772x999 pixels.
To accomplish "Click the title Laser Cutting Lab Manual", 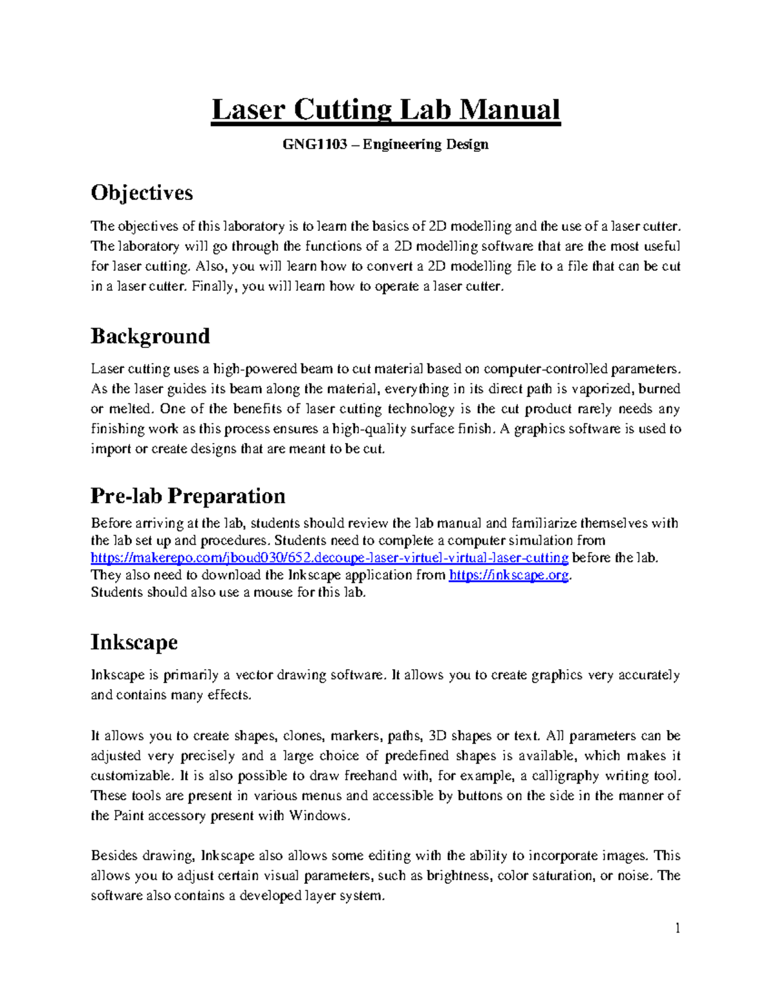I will pyautogui.click(x=386, y=110).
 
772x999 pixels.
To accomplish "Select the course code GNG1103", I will pyautogui.click(x=311, y=144).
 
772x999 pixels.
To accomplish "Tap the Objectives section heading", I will pyautogui.click(x=142, y=193).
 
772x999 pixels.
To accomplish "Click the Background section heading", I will pyautogui.click(x=150, y=336).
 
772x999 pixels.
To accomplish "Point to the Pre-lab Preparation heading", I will pyautogui.click(x=188, y=496).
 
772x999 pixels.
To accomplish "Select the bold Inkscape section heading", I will pyautogui.click(x=134, y=642).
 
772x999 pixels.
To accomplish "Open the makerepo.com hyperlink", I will pyautogui.click(x=329, y=558).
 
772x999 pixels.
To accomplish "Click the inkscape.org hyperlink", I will pyautogui.click(x=508, y=575).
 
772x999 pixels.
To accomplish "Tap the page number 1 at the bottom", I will pyautogui.click(x=677, y=928).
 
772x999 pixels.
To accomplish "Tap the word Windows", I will pyautogui.click(x=318, y=816).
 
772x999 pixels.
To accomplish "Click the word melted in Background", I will pyautogui.click(x=131, y=409).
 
